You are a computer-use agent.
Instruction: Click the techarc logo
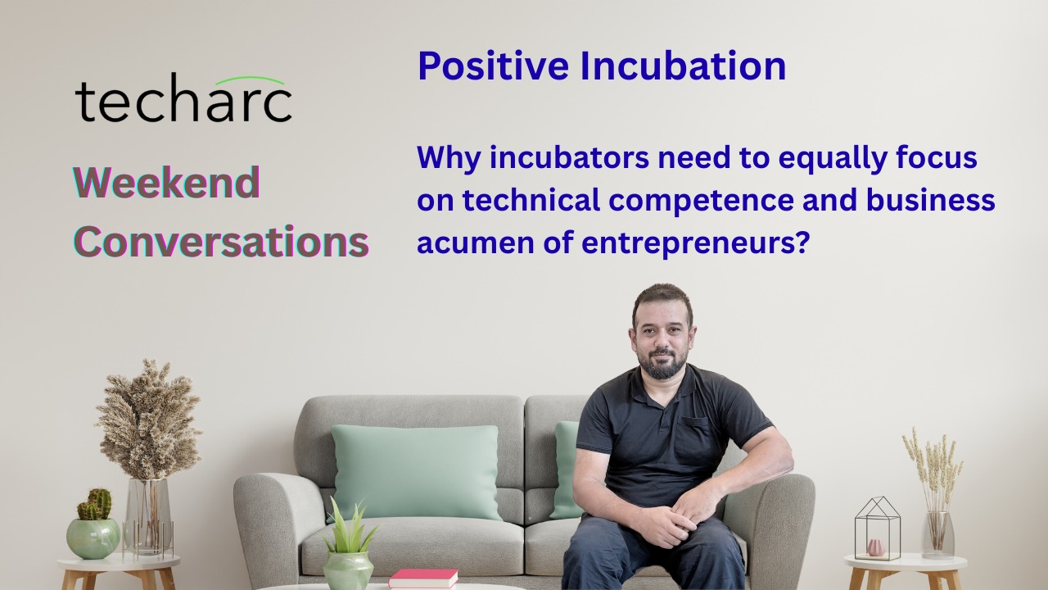click(x=183, y=98)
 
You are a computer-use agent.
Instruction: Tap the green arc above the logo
click(x=256, y=79)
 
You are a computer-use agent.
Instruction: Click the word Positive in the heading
click(x=493, y=66)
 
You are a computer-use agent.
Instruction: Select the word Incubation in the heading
click(x=683, y=66)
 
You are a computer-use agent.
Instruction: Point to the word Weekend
click(x=166, y=182)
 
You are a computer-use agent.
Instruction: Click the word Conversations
click(x=221, y=241)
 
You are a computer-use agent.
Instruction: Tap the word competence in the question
click(x=699, y=201)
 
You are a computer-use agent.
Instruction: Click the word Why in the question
click(x=449, y=158)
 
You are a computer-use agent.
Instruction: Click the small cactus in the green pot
click(x=95, y=504)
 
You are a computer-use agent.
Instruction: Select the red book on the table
click(x=423, y=578)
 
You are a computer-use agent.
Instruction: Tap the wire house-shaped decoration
click(x=877, y=529)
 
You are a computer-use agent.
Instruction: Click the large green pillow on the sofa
click(x=415, y=471)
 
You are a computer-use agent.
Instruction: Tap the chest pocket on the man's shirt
click(x=693, y=440)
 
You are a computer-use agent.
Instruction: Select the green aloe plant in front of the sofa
click(x=351, y=529)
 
